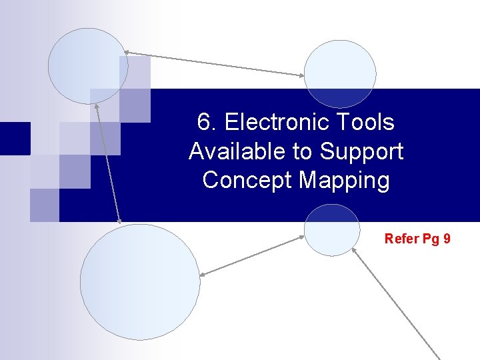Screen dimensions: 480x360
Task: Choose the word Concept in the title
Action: [247, 180]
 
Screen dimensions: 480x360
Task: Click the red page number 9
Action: [446, 238]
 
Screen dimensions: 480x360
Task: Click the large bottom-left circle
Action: [139, 282]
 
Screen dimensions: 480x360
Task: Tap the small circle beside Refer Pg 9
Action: [331, 230]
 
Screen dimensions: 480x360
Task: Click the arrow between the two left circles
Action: [108, 163]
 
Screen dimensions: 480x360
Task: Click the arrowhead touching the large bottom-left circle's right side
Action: [203, 274]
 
